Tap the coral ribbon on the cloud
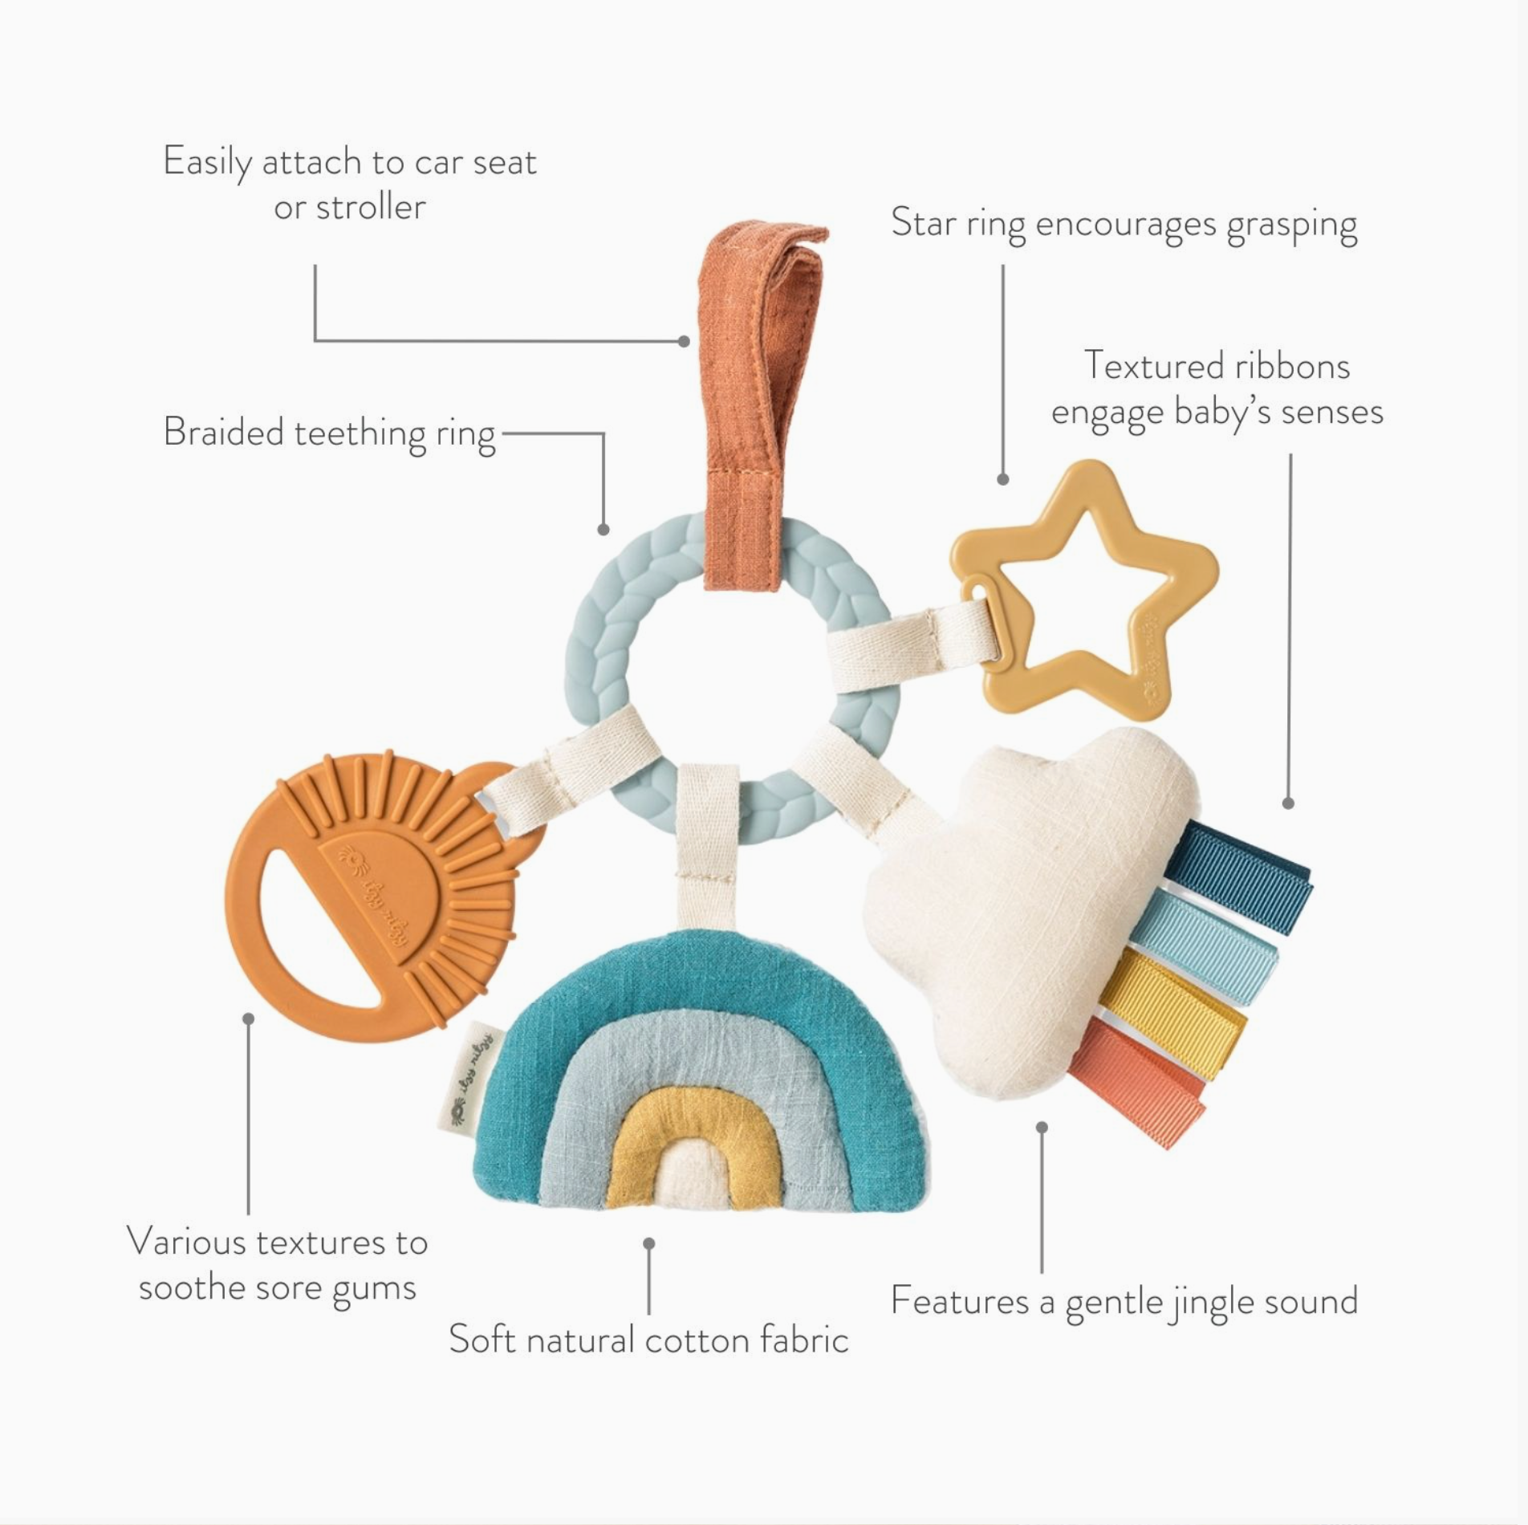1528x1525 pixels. pos(1136,1080)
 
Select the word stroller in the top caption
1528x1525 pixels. pos(371,208)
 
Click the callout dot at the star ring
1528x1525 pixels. pos(1002,479)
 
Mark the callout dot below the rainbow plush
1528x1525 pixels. pos(649,1243)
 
